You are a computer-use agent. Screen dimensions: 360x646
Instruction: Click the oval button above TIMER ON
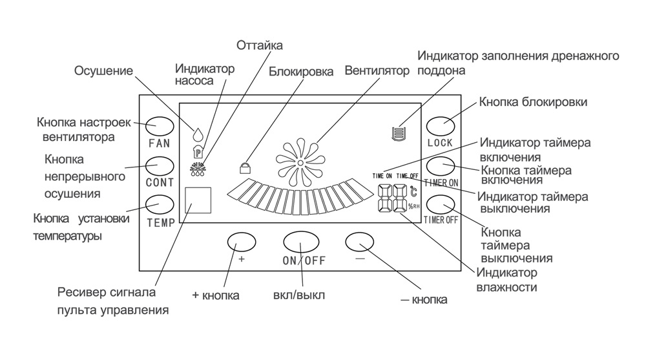[x=441, y=166]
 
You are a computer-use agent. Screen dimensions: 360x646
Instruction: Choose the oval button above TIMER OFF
[x=441, y=204]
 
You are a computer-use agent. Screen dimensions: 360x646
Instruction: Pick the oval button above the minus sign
[x=360, y=241]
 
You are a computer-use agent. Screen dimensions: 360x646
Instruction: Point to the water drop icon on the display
[x=198, y=133]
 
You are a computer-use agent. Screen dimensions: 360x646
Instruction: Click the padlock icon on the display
[x=245, y=168]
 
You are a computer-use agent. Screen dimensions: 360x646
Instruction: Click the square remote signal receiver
[x=198, y=201]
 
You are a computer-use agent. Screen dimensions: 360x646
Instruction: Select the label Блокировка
[x=301, y=72]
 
